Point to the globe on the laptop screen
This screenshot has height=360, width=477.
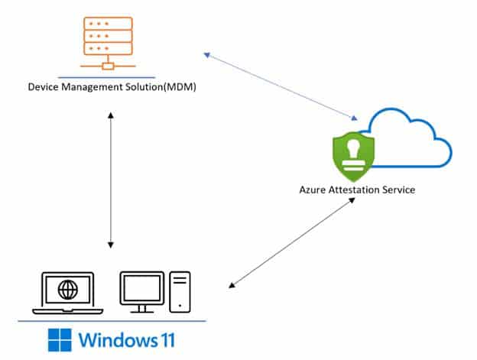click(x=68, y=290)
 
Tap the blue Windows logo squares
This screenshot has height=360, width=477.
click(x=60, y=339)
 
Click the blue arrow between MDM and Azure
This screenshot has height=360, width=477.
click(x=281, y=86)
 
